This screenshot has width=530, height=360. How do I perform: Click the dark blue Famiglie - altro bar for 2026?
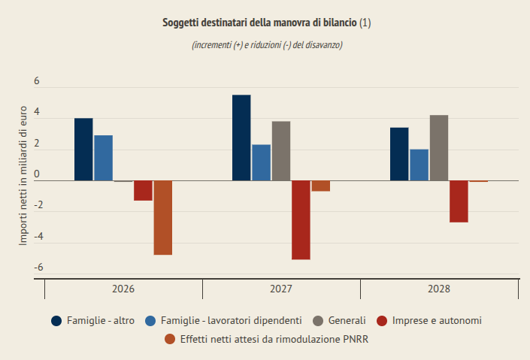[83, 150]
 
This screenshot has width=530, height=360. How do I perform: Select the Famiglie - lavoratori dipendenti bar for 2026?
[103, 158]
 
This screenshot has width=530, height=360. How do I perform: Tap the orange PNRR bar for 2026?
[162, 218]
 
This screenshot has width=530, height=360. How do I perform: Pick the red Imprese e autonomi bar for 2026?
[143, 191]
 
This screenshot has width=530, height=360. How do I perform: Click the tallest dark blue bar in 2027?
[241, 138]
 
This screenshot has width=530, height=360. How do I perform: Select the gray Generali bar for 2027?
[281, 151]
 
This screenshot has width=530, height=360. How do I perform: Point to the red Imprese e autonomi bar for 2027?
[301, 220]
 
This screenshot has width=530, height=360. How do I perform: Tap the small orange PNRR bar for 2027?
[320, 186]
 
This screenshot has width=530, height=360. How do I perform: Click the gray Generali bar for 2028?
[439, 148]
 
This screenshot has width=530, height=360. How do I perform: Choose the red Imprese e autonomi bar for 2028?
[459, 201]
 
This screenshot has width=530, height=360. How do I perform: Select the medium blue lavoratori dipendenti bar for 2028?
[419, 165]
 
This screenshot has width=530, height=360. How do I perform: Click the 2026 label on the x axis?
[123, 289]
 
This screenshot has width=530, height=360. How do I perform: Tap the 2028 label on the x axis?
[439, 289]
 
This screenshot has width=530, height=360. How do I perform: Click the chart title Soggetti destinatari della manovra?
[266, 23]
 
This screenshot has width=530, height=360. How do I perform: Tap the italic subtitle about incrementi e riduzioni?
[267, 45]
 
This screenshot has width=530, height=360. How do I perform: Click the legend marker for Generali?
[318, 321]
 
